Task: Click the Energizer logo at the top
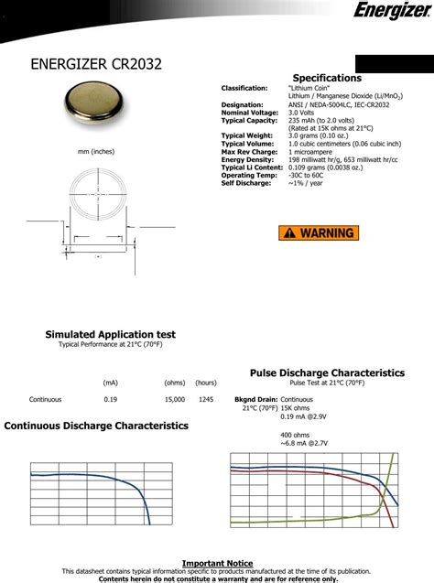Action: (x=389, y=12)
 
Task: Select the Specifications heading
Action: (x=327, y=78)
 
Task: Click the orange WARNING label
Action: (x=320, y=232)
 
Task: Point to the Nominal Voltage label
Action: (x=248, y=113)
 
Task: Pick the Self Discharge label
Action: (x=246, y=183)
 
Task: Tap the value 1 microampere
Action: (x=316, y=151)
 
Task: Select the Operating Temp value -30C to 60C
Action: (x=311, y=175)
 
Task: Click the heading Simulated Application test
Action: (x=110, y=335)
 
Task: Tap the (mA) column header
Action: (x=111, y=383)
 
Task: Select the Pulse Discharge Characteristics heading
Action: (x=327, y=372)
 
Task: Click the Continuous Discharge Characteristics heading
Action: (x=96, y=426)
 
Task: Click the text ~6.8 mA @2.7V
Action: (x=303, y=443)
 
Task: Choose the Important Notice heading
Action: (x=217, y=563)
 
